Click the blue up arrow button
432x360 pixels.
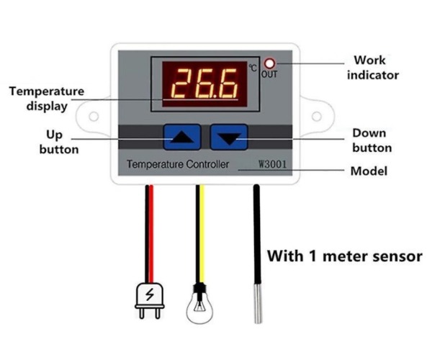pyautogui.click(x=182, y=138)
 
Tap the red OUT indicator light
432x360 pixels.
pyautogui.click(x=269, y=64)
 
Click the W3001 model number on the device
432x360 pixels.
pyautogui.click(x=272, y=164)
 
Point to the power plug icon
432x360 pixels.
pyautogui.click(x=150, y=300)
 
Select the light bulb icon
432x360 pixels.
pyautogui.click(x=199, y=304)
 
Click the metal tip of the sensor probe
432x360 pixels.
pyautogui.click(x=258, y=303)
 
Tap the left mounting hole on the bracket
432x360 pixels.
pyautogui.click(x=94, y=116)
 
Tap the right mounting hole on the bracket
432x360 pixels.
pyautogui.click(x=317, y=116)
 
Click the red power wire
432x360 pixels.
pyautogui.click(x=151, y=234)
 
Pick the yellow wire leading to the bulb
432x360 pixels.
pyautogui.click(x=202, y=234)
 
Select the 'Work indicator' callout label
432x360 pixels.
pyautogui.click(x=373, y=68)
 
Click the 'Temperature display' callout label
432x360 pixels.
pyautogui.click(x=47, y=99)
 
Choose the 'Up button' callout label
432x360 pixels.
pyautogui.click(x=59, y=142)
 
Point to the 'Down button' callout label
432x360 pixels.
pyautogui.click(x=372, y=140)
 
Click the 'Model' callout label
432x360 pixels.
pyautogui.click(x=369, y=171)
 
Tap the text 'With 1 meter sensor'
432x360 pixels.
pyautogui.click(x=345, y=256)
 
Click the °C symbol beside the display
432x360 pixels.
pyautogui.click(x=253, y=68)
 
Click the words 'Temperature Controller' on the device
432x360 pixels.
pyautogui.click(x=178, y=164)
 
